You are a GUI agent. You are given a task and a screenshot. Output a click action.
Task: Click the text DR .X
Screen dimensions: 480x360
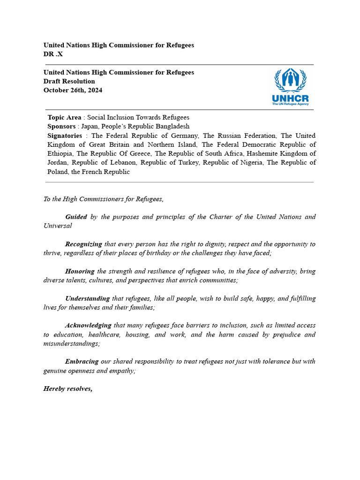pos(53,54)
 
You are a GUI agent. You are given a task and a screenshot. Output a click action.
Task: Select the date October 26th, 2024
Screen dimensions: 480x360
pos(73,90)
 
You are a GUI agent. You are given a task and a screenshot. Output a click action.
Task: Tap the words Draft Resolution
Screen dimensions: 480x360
pos(69,81)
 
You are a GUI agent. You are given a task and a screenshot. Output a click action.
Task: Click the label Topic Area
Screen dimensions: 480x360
pos(65,117)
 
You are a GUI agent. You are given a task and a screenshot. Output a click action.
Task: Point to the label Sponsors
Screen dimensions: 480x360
pos(61,127)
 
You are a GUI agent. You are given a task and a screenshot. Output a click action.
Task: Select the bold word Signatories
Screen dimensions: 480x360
pos(65,135)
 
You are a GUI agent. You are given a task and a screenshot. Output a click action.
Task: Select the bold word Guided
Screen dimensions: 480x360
pos(76,217)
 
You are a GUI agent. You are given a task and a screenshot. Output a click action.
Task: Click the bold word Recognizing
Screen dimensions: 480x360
pos(83,244)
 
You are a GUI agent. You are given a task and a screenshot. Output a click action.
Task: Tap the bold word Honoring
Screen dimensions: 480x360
pos(80,271)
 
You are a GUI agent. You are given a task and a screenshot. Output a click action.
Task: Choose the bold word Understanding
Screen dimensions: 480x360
pos(87,298)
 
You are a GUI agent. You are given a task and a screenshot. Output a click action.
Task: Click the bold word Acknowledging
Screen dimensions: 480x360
pos(88,325)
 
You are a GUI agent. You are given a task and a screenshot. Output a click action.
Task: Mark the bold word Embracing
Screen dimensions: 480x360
pos(82,361)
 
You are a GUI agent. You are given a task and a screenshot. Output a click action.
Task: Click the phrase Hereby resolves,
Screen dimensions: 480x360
pos(68,389)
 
